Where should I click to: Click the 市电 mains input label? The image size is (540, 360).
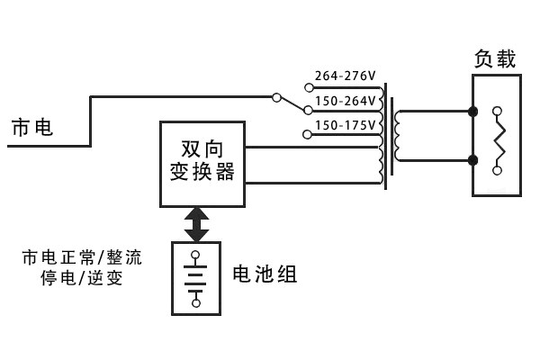click(31, 128)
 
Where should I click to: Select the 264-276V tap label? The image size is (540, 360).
click(345, 76)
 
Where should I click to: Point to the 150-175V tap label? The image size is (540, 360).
click(346, 123)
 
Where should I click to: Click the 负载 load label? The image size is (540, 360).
click(495, 59)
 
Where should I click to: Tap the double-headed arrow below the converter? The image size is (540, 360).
click(196, 224)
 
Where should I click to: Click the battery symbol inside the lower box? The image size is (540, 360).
click(195, 279)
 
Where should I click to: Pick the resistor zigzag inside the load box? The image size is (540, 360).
click(498, 140)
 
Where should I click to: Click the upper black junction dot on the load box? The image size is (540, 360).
click(473, 112)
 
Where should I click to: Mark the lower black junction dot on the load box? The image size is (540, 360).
click(473, 160)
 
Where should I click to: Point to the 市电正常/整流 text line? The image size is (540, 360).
click(83, 258)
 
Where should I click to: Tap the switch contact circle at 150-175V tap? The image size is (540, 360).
click(309, 135)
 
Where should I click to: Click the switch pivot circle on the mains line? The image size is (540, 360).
click(275, 95)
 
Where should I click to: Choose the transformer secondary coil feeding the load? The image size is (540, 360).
click(397, 137)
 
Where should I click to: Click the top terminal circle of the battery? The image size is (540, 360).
click(195, 256)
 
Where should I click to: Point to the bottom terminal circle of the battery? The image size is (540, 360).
click(195, 303)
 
